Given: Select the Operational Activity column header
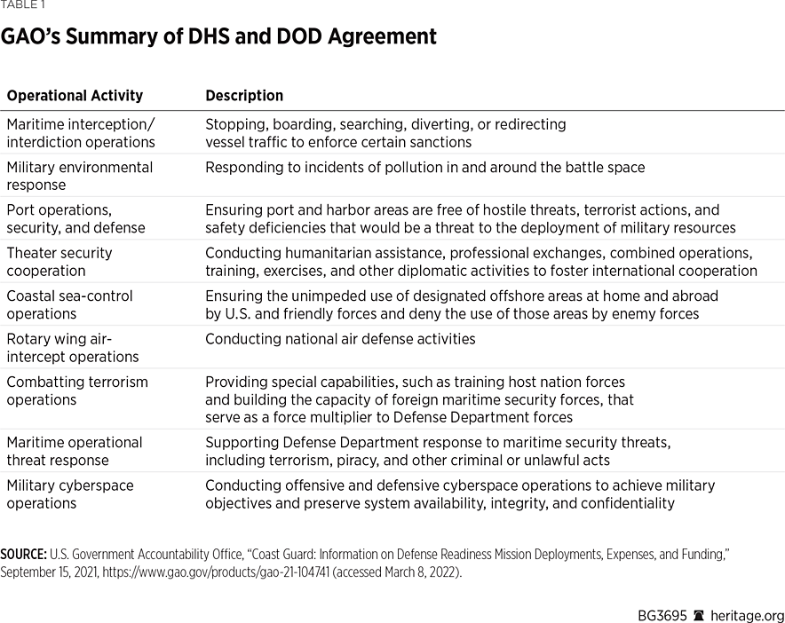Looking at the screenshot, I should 75,96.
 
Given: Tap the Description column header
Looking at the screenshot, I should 244,96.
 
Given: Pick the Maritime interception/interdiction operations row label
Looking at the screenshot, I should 81,133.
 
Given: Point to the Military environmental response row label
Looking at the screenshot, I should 79,176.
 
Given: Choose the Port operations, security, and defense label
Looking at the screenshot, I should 75,218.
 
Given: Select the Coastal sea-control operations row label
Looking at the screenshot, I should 70,304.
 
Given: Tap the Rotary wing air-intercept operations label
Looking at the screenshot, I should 73,347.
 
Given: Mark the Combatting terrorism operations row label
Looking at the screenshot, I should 77,390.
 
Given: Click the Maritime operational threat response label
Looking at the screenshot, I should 74,451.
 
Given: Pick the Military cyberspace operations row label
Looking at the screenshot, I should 70,493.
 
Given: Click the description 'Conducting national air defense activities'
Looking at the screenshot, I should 340,339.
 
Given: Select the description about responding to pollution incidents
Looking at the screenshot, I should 424,168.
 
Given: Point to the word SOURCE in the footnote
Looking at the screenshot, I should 23,554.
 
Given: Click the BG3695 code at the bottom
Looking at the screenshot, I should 662,616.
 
